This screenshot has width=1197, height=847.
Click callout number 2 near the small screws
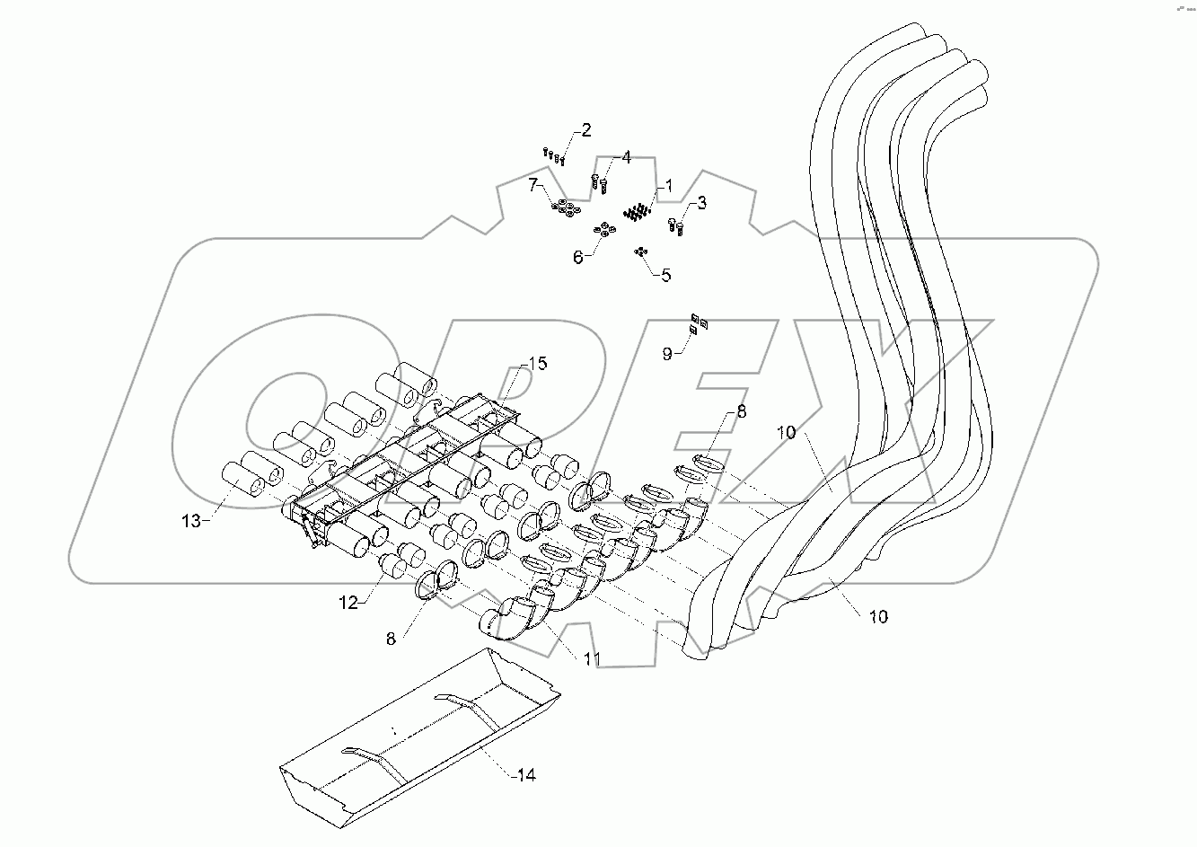[585, 130]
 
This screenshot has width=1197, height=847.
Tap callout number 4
[626, 158]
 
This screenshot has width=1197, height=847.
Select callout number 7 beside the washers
[533, 185]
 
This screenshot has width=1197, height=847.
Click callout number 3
[702, 204]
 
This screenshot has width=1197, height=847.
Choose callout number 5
[665, 275]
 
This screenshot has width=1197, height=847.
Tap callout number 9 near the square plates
[667, 354]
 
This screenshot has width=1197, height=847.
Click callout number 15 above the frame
[537, 364]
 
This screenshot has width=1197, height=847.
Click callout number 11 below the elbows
[591, 660]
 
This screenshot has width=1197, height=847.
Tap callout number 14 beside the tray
[525, 773]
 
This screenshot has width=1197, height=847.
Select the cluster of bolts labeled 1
[638, 213]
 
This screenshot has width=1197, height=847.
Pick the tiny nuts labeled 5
[640, 251]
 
